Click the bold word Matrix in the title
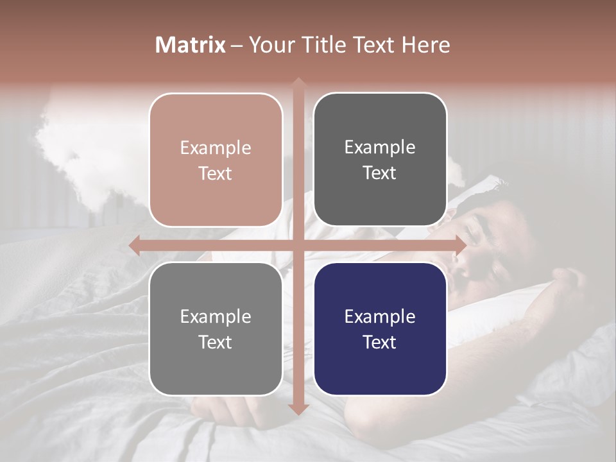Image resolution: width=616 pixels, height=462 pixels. click(191, 45)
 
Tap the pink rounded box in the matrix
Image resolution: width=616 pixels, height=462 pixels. click(216, 160)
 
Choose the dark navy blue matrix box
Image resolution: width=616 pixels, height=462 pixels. click(380, 329)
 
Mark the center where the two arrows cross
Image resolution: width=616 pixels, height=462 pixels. click(298, 245)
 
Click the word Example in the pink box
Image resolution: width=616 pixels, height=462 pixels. click(216, 148)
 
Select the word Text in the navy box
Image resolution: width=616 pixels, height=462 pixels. click(380, 342)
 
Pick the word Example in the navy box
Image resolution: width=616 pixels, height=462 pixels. click(380, 316)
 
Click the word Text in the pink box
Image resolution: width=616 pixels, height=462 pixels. click(216, 174)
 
